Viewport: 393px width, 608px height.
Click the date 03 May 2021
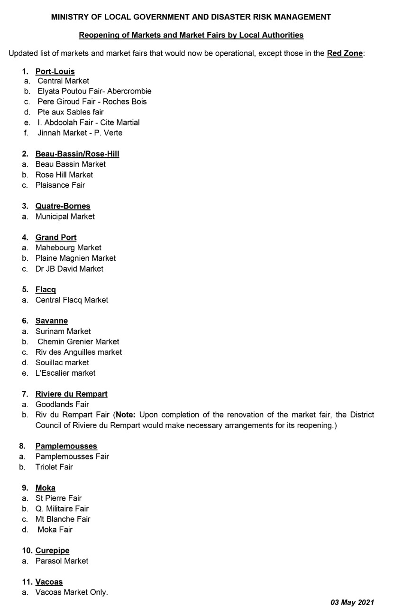pyautogui.click(x=352, y=602)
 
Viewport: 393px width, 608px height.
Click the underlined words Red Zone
pyautogui.click(x=345, y=53)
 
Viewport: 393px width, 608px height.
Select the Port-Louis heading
pyautogui.click(x=55, y=72)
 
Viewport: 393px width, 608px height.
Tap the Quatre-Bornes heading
pyautogui.click(x=63, y=206)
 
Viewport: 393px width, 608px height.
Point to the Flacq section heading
pyautogui.click(x=46, y=290)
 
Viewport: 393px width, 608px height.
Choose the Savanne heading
pyautogui.click(x=51, y=321)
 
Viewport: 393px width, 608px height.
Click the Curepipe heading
pyautogui.click(x=52, y=551)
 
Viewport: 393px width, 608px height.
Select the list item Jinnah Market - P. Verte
pyautogui.click(x=80, y=133)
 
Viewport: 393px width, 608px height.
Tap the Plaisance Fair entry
pyautogui.click(x=60, y=185)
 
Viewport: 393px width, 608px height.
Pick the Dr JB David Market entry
pyautogui.click(x=69, y=269)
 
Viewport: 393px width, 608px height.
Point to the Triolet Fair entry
pyautogui.click(x=54, y=467)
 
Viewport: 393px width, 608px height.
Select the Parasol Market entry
pyautogui.click(x=62, y=561)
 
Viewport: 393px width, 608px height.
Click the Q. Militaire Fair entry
pyautogui.click(x=62, y=509)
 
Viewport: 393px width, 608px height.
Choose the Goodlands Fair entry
pyautogui.click(x=62, y=405)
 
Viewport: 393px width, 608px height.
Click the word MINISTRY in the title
pyautogui.click(x=69, y=17)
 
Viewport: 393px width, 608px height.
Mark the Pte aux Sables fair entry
pyautogui.click(x=70, y=112)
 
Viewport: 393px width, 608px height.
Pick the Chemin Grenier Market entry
pyautogui.click(x=78, y=342)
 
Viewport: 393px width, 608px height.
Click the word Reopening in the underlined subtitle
pyautogui.click(x=98, y=35)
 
